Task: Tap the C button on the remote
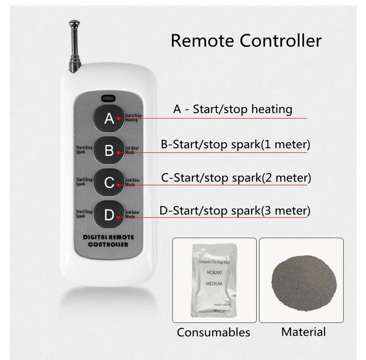[x=109, y=183]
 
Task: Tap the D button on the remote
[x=109, y=215]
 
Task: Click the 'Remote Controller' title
[x=246, y=40]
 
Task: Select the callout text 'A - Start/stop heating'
[x=233, y=109]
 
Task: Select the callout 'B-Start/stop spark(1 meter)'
[x=235, y=144]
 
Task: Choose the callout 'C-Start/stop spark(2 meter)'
[x=235, y=177]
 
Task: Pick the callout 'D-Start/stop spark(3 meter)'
[x=234, y=211]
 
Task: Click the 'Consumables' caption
[x=214, y=332]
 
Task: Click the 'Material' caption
[x=303, y=332]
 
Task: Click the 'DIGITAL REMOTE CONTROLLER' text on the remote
[x=108, y=240]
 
